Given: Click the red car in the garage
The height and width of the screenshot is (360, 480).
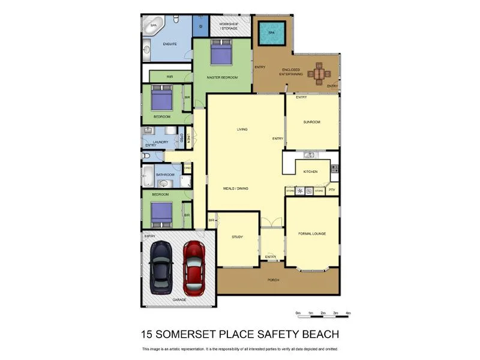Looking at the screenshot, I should click(194, 265).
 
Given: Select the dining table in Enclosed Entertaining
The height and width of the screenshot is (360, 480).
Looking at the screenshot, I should click(319, 74).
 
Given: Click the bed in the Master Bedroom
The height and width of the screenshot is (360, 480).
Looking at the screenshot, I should click(220, 52).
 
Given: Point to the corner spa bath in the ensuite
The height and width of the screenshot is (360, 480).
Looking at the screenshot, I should click(154, 25).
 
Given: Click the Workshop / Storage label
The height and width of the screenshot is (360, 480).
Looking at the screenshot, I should click(229, 26).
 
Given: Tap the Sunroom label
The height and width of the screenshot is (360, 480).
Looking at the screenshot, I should click(312, 122).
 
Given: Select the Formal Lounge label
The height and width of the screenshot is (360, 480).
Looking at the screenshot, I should click(312, 233).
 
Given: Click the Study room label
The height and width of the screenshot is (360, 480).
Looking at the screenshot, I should click(237, 237).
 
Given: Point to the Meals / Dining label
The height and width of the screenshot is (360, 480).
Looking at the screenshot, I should click(236, 188).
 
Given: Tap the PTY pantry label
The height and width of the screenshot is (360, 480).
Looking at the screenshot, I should click(332, 191).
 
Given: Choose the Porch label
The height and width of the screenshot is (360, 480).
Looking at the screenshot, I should click(274, 280).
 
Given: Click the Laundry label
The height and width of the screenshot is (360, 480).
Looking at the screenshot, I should click(160, 142).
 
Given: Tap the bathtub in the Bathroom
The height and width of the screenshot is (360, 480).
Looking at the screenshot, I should click(148, 176).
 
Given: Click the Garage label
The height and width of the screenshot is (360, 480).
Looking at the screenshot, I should click(179, 298).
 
